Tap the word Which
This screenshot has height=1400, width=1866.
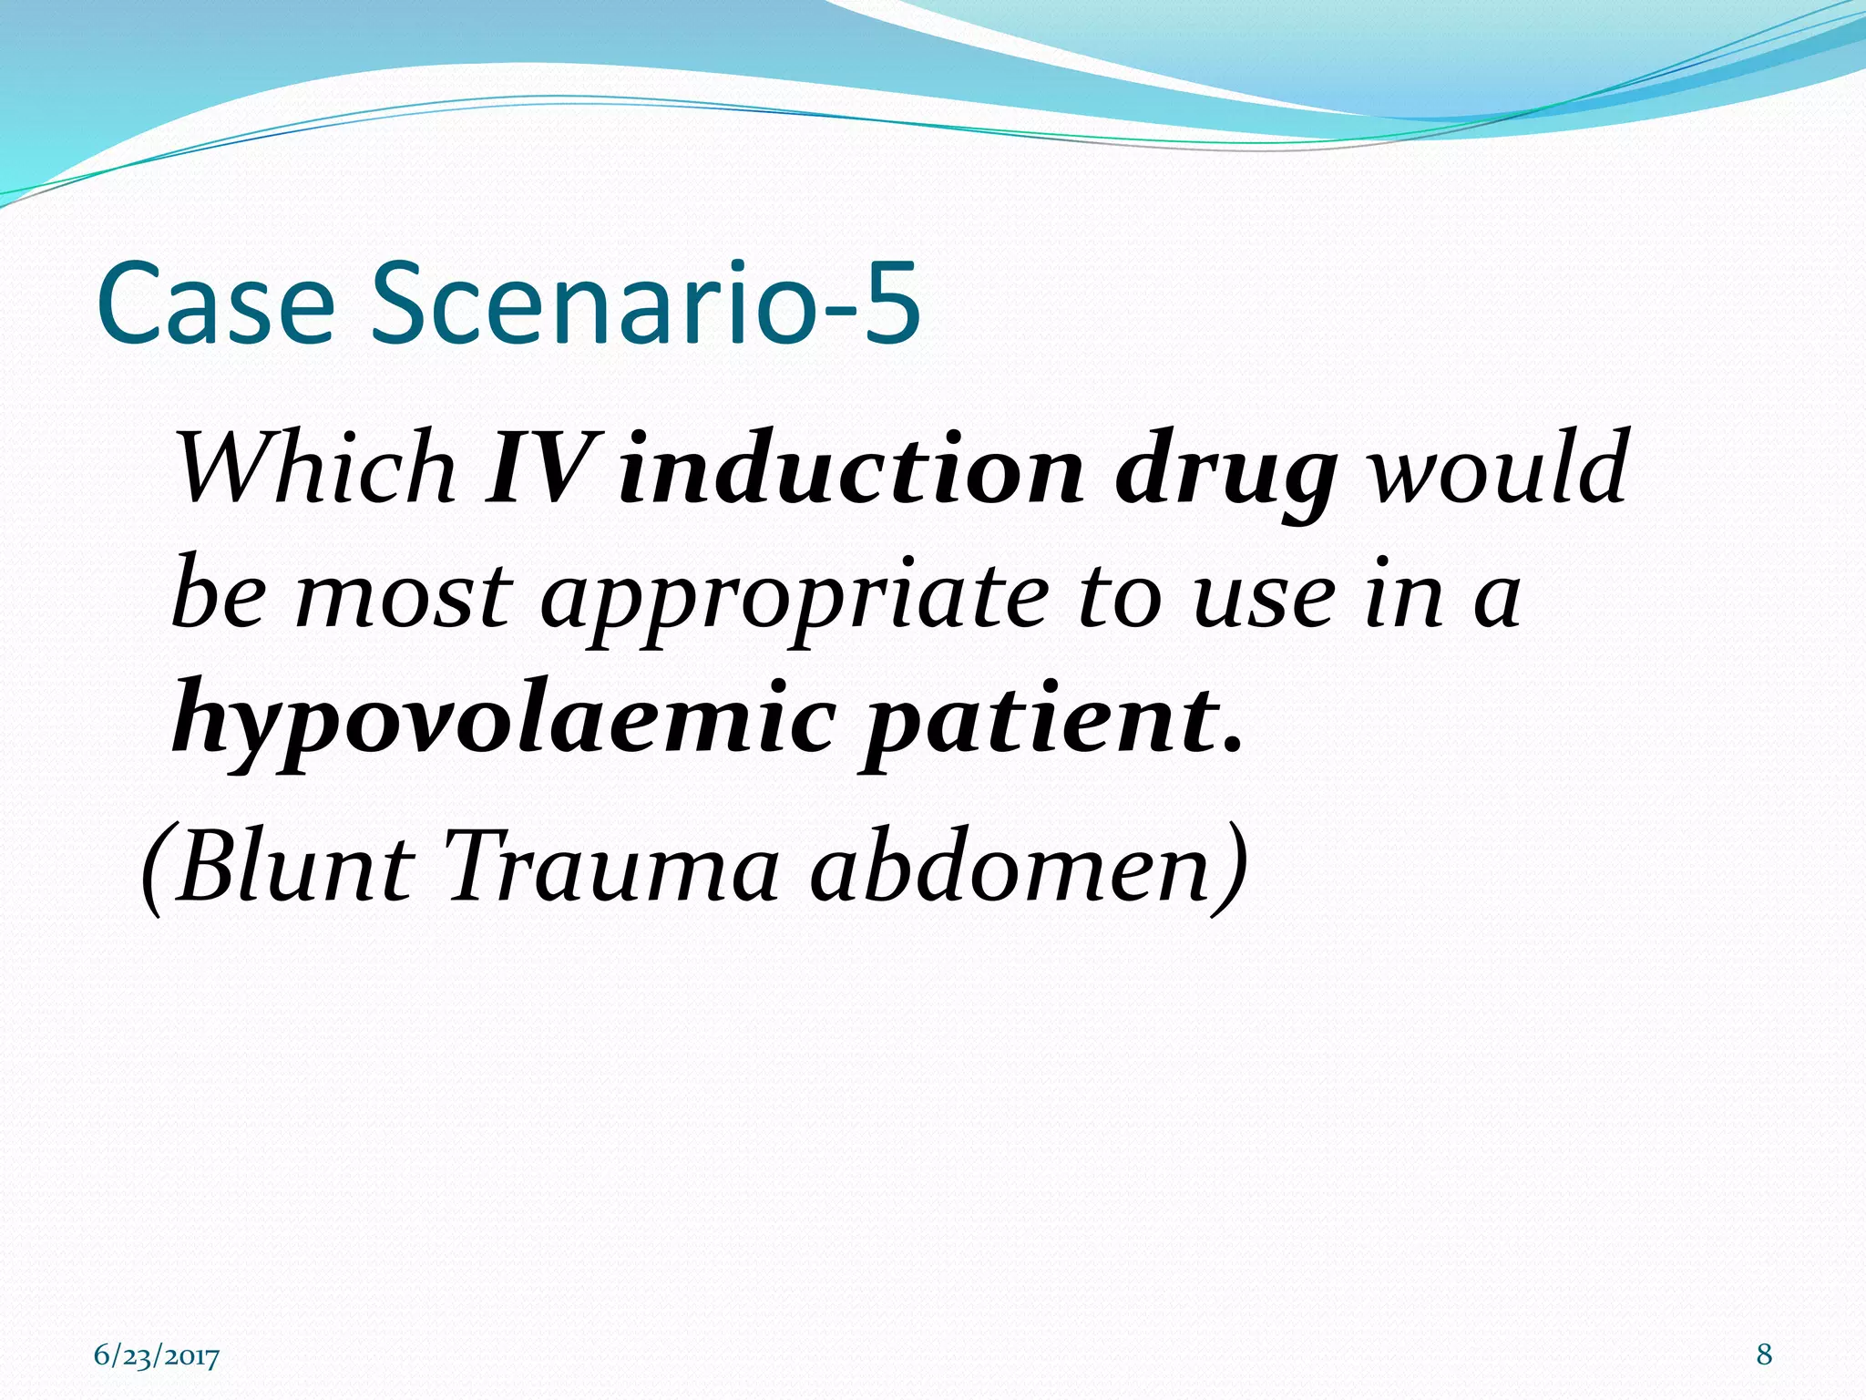point(314,468)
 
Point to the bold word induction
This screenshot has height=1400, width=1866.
point(851,468)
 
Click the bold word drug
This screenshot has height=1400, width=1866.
point(1225,474)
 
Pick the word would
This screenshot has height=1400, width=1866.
point(1499,468)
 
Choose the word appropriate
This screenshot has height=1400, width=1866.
point(793,602)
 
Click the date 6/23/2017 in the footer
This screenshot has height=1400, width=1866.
point(157,1356)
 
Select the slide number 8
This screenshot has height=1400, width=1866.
point(1764,1354)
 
